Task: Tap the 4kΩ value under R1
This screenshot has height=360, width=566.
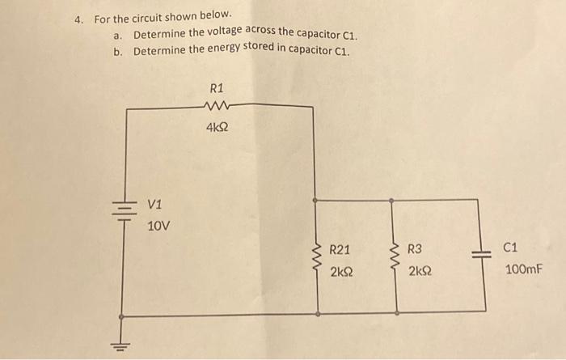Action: click(x=216, y=127)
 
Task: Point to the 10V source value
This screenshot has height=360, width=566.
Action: click(x=159, y=226)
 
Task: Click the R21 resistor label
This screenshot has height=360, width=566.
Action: click(x=340, y=250)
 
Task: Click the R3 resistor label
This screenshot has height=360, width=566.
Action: click(x=414, y=250)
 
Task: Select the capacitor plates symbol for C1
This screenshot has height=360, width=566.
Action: click(x=485, y=254)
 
